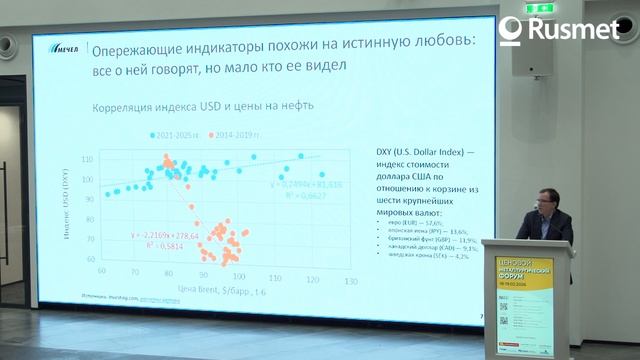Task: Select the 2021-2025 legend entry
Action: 176,134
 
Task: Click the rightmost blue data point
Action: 321,174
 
